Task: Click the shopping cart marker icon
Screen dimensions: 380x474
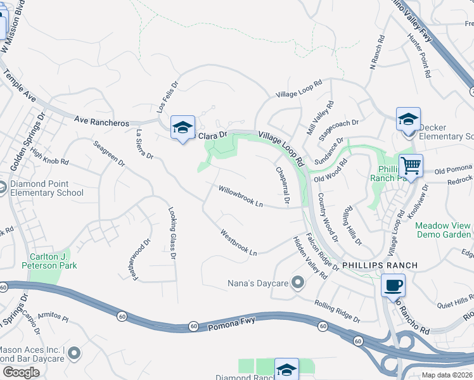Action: coord(411,167)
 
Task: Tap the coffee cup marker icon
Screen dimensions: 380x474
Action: coord(394,285)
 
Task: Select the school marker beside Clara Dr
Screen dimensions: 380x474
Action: coord(183,129)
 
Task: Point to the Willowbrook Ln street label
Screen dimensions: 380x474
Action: coord(240,196)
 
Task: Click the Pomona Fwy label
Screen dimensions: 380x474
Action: coord(229,322)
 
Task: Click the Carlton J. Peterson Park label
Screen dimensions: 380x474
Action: coord(53,261)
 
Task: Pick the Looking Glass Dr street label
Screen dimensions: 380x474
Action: coord(172,234)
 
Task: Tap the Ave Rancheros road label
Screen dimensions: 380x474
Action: coord(101,120)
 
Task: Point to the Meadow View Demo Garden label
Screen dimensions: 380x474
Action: coord(443,230)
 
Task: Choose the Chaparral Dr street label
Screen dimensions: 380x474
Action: coord(282,186)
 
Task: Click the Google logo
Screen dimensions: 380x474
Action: coord(20,372)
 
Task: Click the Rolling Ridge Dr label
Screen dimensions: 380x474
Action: coord(336,311)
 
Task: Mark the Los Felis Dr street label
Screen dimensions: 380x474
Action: coord(168,95)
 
